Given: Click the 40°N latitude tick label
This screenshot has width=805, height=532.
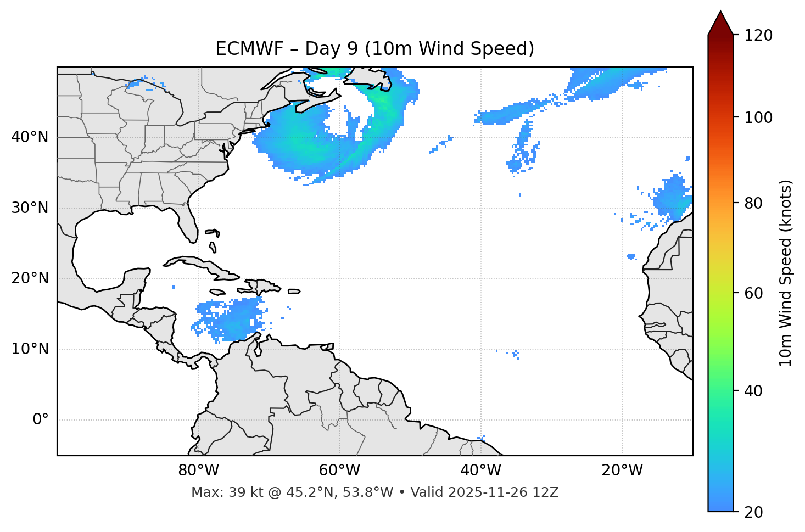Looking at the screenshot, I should coord(30,137).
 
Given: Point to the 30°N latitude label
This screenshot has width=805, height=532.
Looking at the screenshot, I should coord(30,208).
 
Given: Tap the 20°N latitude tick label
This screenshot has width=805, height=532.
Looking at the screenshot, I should coord(30,278).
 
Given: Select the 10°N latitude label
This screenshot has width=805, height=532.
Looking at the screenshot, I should coord(30,349).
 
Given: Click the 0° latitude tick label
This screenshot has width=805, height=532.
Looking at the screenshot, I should coord(41,420).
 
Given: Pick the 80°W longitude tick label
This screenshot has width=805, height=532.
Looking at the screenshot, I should coord(198,471).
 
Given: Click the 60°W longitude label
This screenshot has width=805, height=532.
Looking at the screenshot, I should coord(339,471).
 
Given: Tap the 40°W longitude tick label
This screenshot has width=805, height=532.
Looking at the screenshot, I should coord(481,471).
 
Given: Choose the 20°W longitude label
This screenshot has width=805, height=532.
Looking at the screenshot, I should coord(622,471).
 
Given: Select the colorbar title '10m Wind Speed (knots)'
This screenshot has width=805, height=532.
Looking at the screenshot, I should coord(786,273).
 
